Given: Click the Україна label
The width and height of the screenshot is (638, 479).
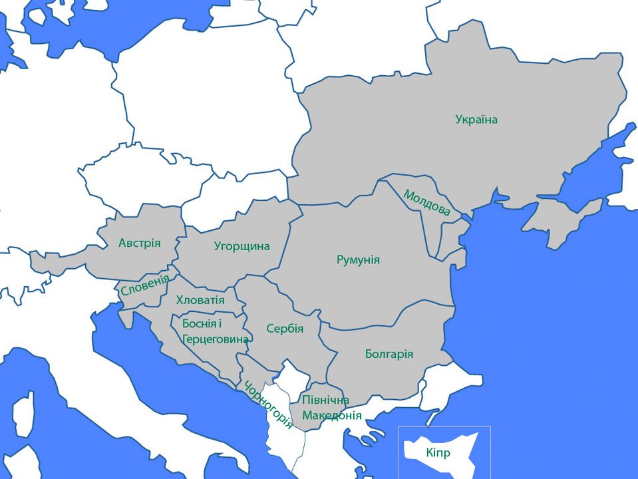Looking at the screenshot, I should pos(476,120).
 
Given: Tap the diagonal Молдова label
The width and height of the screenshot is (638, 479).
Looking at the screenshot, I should pos(426,202).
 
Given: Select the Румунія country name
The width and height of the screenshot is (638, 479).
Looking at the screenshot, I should pos(358,259).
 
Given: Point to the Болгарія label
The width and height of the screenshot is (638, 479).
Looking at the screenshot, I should pos(389,354).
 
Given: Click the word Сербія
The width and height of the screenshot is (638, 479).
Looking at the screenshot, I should pos(285,329).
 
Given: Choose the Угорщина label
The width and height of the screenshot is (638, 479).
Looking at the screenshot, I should pos(242,246).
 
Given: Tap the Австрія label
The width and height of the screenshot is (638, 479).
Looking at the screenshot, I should pos(140,243).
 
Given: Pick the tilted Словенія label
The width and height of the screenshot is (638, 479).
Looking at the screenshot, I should pos(144,285).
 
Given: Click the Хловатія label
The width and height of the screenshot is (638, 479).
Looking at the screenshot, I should pos(200,300).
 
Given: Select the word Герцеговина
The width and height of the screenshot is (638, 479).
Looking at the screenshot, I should pos(215,339).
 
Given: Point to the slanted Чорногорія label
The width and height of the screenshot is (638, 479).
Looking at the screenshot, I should pos(267,404).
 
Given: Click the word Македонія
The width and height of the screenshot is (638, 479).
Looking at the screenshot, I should pos(332,415).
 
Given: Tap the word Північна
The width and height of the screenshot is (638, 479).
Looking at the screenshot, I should pos(325,400).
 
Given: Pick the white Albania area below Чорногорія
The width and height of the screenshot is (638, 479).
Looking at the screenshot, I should pos(279,432).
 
